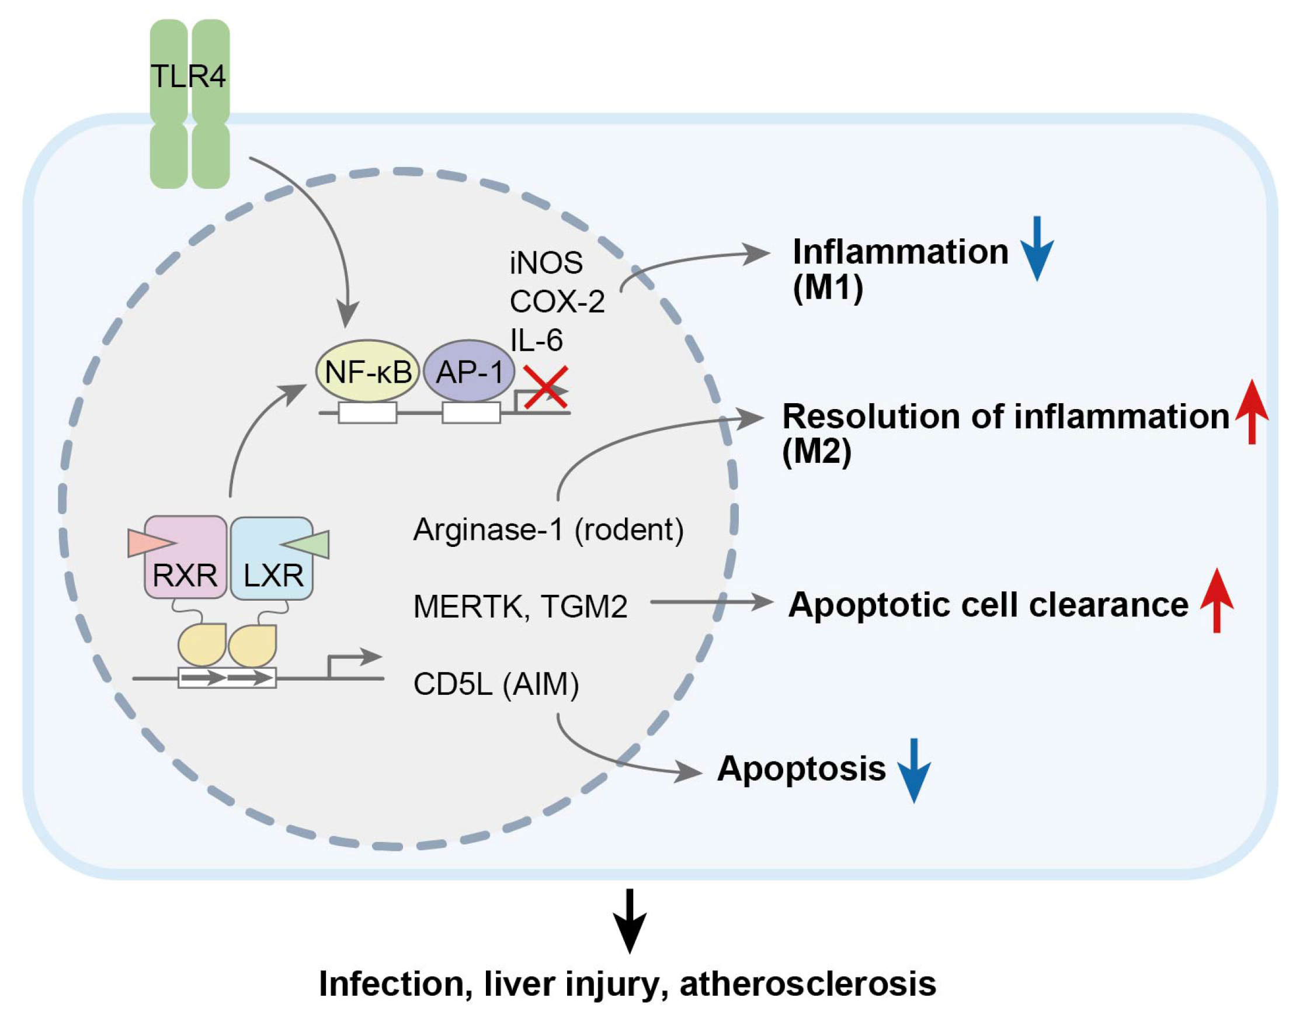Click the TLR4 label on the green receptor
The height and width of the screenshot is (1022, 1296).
pyautogui.click(x=189, y=76)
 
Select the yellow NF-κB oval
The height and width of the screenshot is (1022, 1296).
pyautogui.click(x=368, y=371)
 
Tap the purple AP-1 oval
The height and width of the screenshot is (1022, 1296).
pyautogui.click(x=470, y=371)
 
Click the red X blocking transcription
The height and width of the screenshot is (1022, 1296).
pyautogui.click(x=545, y=388)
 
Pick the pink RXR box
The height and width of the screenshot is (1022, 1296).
pyautogui.click(x=185, y=557)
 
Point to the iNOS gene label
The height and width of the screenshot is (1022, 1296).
pyautogui.click(x=546, y=263)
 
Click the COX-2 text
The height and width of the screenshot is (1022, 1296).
pyautogui.click(x=557, y=301)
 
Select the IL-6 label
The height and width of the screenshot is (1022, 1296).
pyautogui.click(x=536, y=340)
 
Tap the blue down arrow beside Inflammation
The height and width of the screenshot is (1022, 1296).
pyautogui.click(x=1037, y=248)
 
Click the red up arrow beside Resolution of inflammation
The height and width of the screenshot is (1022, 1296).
pyautogui.click(x=1252, y=412)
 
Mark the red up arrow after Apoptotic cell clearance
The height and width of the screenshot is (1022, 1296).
pyautogui.click(x=1217, y=600)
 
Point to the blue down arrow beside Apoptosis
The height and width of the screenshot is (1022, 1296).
pyautogui.click(x=914, y=771)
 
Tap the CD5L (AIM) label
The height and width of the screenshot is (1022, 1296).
pyautogui.click(x=496, y=684)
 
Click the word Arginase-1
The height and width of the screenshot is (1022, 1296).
pyautogui.click(x=488, y=530)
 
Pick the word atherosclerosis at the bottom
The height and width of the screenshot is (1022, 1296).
pyautogui.click(x=808, y=983)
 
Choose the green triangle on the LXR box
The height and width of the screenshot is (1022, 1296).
pyautogui.click(x=305, y=544)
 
